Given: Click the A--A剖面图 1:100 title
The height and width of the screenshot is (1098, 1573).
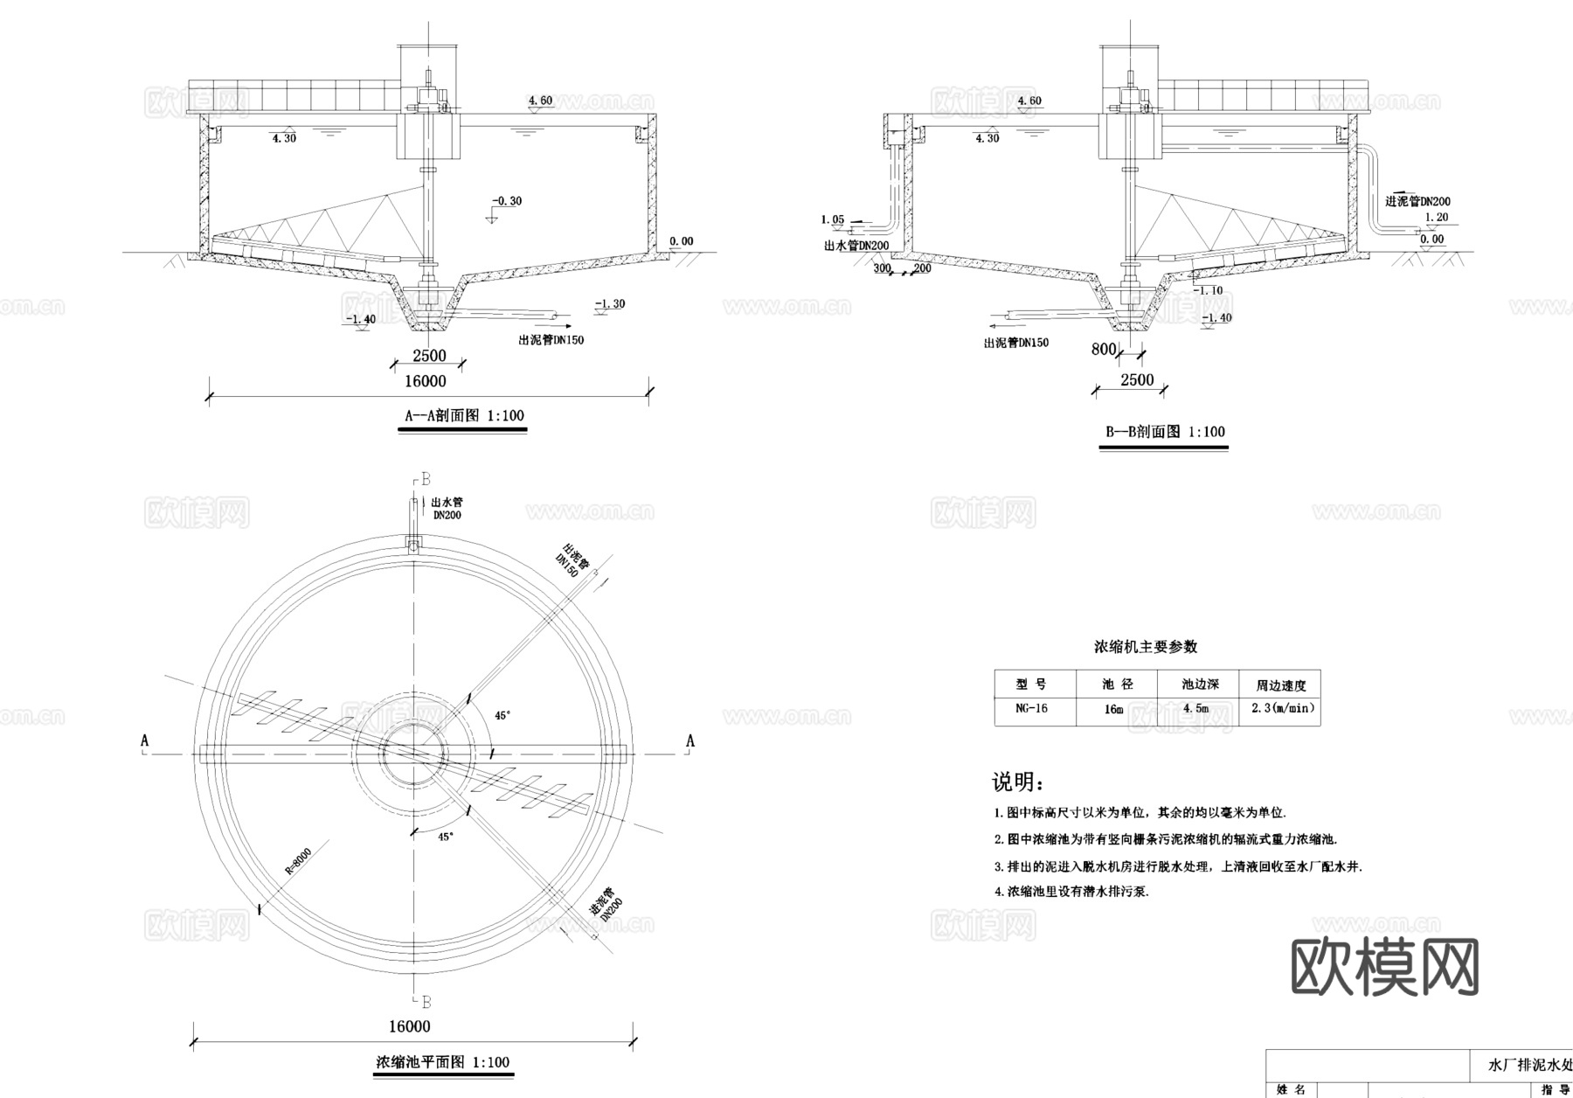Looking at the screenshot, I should coord(464,416).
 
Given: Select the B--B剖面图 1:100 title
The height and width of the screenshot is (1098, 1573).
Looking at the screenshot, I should coord(1165,432).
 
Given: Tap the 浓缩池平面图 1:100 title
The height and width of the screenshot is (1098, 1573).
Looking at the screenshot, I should coord(442,1063).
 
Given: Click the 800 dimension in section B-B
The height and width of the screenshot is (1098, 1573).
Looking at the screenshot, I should coord(1104,350).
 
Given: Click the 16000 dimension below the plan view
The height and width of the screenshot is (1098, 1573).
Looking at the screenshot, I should coord(409,1026).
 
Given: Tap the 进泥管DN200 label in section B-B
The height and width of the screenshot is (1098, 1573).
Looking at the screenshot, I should coord(1417,201).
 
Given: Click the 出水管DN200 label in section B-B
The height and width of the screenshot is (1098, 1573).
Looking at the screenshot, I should coord(856,247).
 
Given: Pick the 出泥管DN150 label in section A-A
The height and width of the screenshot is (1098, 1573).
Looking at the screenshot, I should coord(551,340).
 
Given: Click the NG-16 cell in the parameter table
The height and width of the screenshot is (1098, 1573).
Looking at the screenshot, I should coord(1031,709).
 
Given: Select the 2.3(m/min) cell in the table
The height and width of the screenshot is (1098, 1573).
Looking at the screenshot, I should coord(1281,709).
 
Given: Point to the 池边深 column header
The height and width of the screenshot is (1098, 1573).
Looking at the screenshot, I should coord(1200,685).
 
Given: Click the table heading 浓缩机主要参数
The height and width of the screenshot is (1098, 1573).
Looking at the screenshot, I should coord(1146,647).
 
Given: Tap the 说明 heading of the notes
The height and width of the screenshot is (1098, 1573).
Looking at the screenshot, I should coord(1016,782).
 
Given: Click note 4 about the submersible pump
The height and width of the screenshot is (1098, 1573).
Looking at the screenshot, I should coord(1071,893).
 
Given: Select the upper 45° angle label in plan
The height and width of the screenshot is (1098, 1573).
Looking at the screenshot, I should coord(502,715).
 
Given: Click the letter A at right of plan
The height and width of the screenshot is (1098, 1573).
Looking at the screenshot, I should coord(690,741).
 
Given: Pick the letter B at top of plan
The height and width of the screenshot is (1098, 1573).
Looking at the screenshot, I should coord(426,479).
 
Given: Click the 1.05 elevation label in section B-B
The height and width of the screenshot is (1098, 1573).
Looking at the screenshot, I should coord(833,219).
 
